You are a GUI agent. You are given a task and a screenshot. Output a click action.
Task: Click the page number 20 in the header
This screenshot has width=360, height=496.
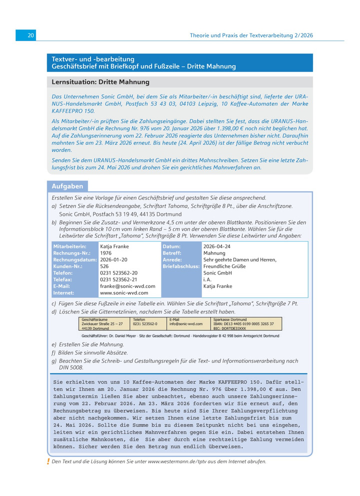pyautogui.click(x=30, y=35)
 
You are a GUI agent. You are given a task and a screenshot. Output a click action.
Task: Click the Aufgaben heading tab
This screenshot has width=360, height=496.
pyautogui.click(x=67, y=186)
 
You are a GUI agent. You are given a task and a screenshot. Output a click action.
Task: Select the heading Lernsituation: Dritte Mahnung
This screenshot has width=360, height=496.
pyautogui.click(x=100, y=82)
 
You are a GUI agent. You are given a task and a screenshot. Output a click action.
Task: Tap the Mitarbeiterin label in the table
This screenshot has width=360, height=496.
pyautogui.click(x=69, y=246)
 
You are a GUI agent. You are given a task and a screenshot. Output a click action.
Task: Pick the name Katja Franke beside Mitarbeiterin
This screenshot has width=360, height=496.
pyautogui.click(x=114, y=246)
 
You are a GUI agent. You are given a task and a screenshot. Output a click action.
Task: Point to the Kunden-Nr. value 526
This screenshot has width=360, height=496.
pyautogui.click(x=104, y=266)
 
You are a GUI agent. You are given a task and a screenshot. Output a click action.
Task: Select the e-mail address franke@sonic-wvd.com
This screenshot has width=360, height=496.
pyautogui.click(x=127, y=286)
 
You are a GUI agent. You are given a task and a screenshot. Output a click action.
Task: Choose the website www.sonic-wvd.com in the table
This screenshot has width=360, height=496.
pyautogui.click(x=124, y=293)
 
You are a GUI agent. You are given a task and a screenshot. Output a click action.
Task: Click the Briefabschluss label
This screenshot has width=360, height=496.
pyautogui.click(x=180, y=266)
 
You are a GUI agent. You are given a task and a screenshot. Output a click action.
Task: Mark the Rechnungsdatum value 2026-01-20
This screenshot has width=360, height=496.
pyautogui.click(x=114, y=260)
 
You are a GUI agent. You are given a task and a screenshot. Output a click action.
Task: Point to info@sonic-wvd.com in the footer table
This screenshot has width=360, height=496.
pyautogui.click(x=186, y=323)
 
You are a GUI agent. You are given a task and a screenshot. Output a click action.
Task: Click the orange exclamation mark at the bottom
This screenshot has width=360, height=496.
pyautogui.click(x=48, y=461)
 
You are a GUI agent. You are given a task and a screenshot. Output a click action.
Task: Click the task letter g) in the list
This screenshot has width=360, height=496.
pyautogui.click(x=54, y=360)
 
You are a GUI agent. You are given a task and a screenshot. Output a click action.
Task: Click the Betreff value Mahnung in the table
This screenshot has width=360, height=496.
pyautogui.click(x=214, y=253)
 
